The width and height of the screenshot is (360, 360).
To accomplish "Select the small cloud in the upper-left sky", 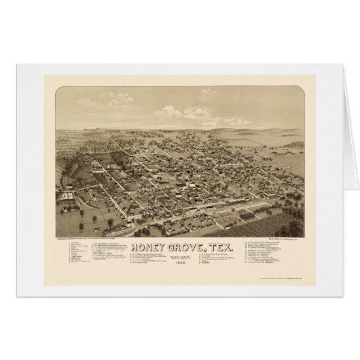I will (x=86, y=101).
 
